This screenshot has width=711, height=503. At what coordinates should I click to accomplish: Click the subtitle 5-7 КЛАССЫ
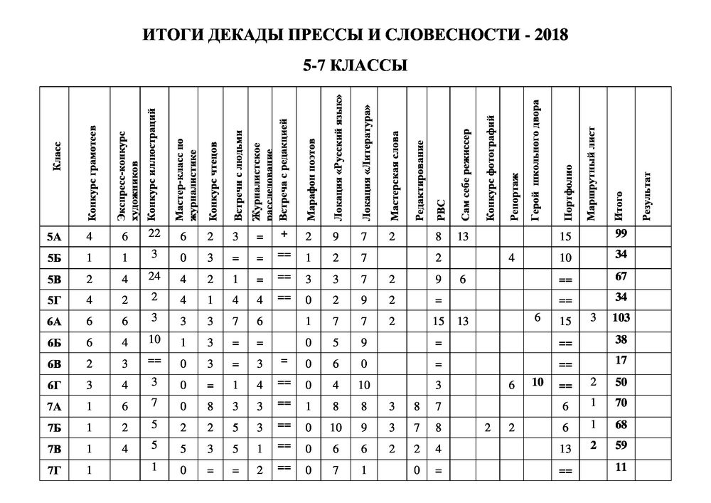355,65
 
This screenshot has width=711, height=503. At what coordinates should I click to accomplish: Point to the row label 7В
53,449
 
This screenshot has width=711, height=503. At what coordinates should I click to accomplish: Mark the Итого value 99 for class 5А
620,233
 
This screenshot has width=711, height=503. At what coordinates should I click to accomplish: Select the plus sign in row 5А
283,233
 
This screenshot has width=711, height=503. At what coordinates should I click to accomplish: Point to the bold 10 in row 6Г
538,381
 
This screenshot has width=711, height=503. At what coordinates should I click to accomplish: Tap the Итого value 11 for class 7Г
620,467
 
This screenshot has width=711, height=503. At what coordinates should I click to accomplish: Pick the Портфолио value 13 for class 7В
566,449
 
